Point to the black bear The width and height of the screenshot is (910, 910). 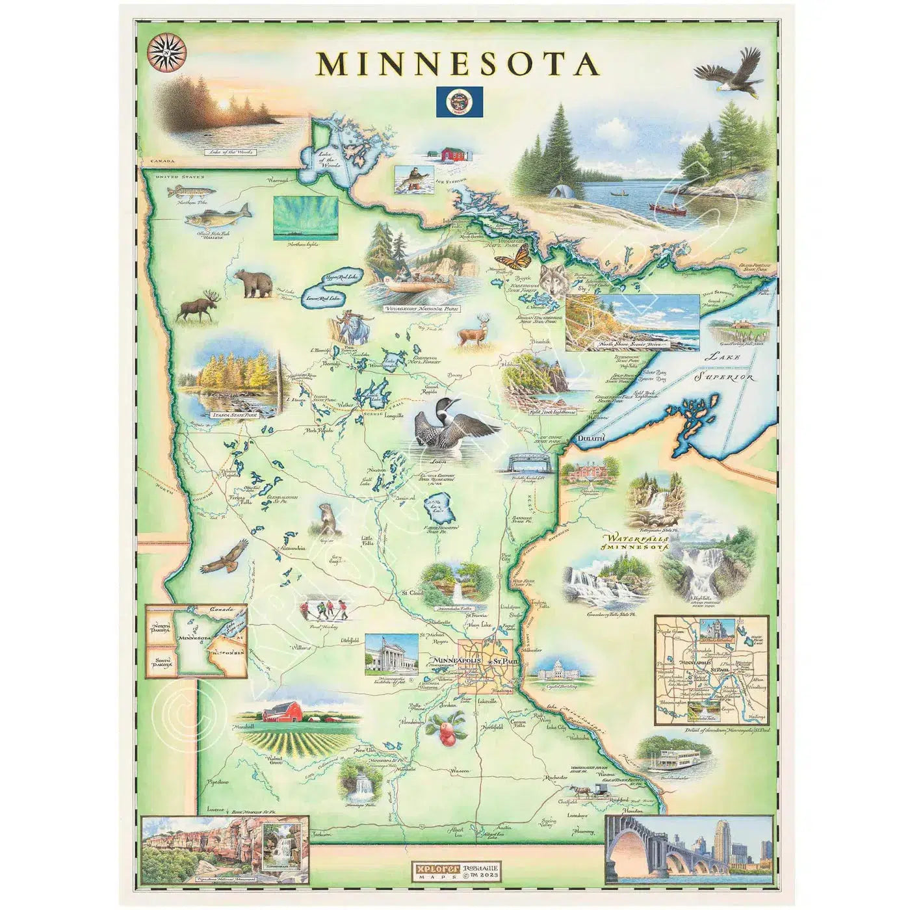[253, 283]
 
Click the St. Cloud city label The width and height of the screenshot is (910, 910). [412, 593]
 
